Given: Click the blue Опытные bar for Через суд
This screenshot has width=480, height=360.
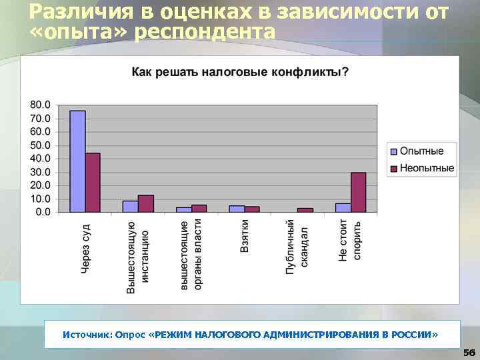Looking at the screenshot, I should [x=77, y=161].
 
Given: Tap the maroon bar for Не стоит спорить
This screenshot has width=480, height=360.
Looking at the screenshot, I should [x=359, y=192].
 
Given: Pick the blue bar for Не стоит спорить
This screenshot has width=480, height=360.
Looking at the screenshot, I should [x=343, y=207].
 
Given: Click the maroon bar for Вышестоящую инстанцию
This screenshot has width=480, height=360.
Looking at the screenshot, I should [x=146, y=203].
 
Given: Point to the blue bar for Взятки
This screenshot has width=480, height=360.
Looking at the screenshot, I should [x=237, y=209].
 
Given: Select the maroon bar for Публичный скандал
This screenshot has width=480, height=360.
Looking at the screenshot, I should [x=305, y=210].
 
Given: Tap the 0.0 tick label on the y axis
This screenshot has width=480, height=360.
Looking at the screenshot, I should [x=42, y=212].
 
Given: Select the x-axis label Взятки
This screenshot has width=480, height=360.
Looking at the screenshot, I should [x=245, y=237].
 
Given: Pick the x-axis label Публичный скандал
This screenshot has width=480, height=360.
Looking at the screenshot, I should [x=297, y=247].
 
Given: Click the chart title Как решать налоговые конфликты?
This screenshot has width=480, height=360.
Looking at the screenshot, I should [x=239, y=71].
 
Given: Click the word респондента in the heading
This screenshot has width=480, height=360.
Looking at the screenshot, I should [x=203, y=31].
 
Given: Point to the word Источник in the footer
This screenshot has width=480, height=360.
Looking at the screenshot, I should [x=87, y=333].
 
